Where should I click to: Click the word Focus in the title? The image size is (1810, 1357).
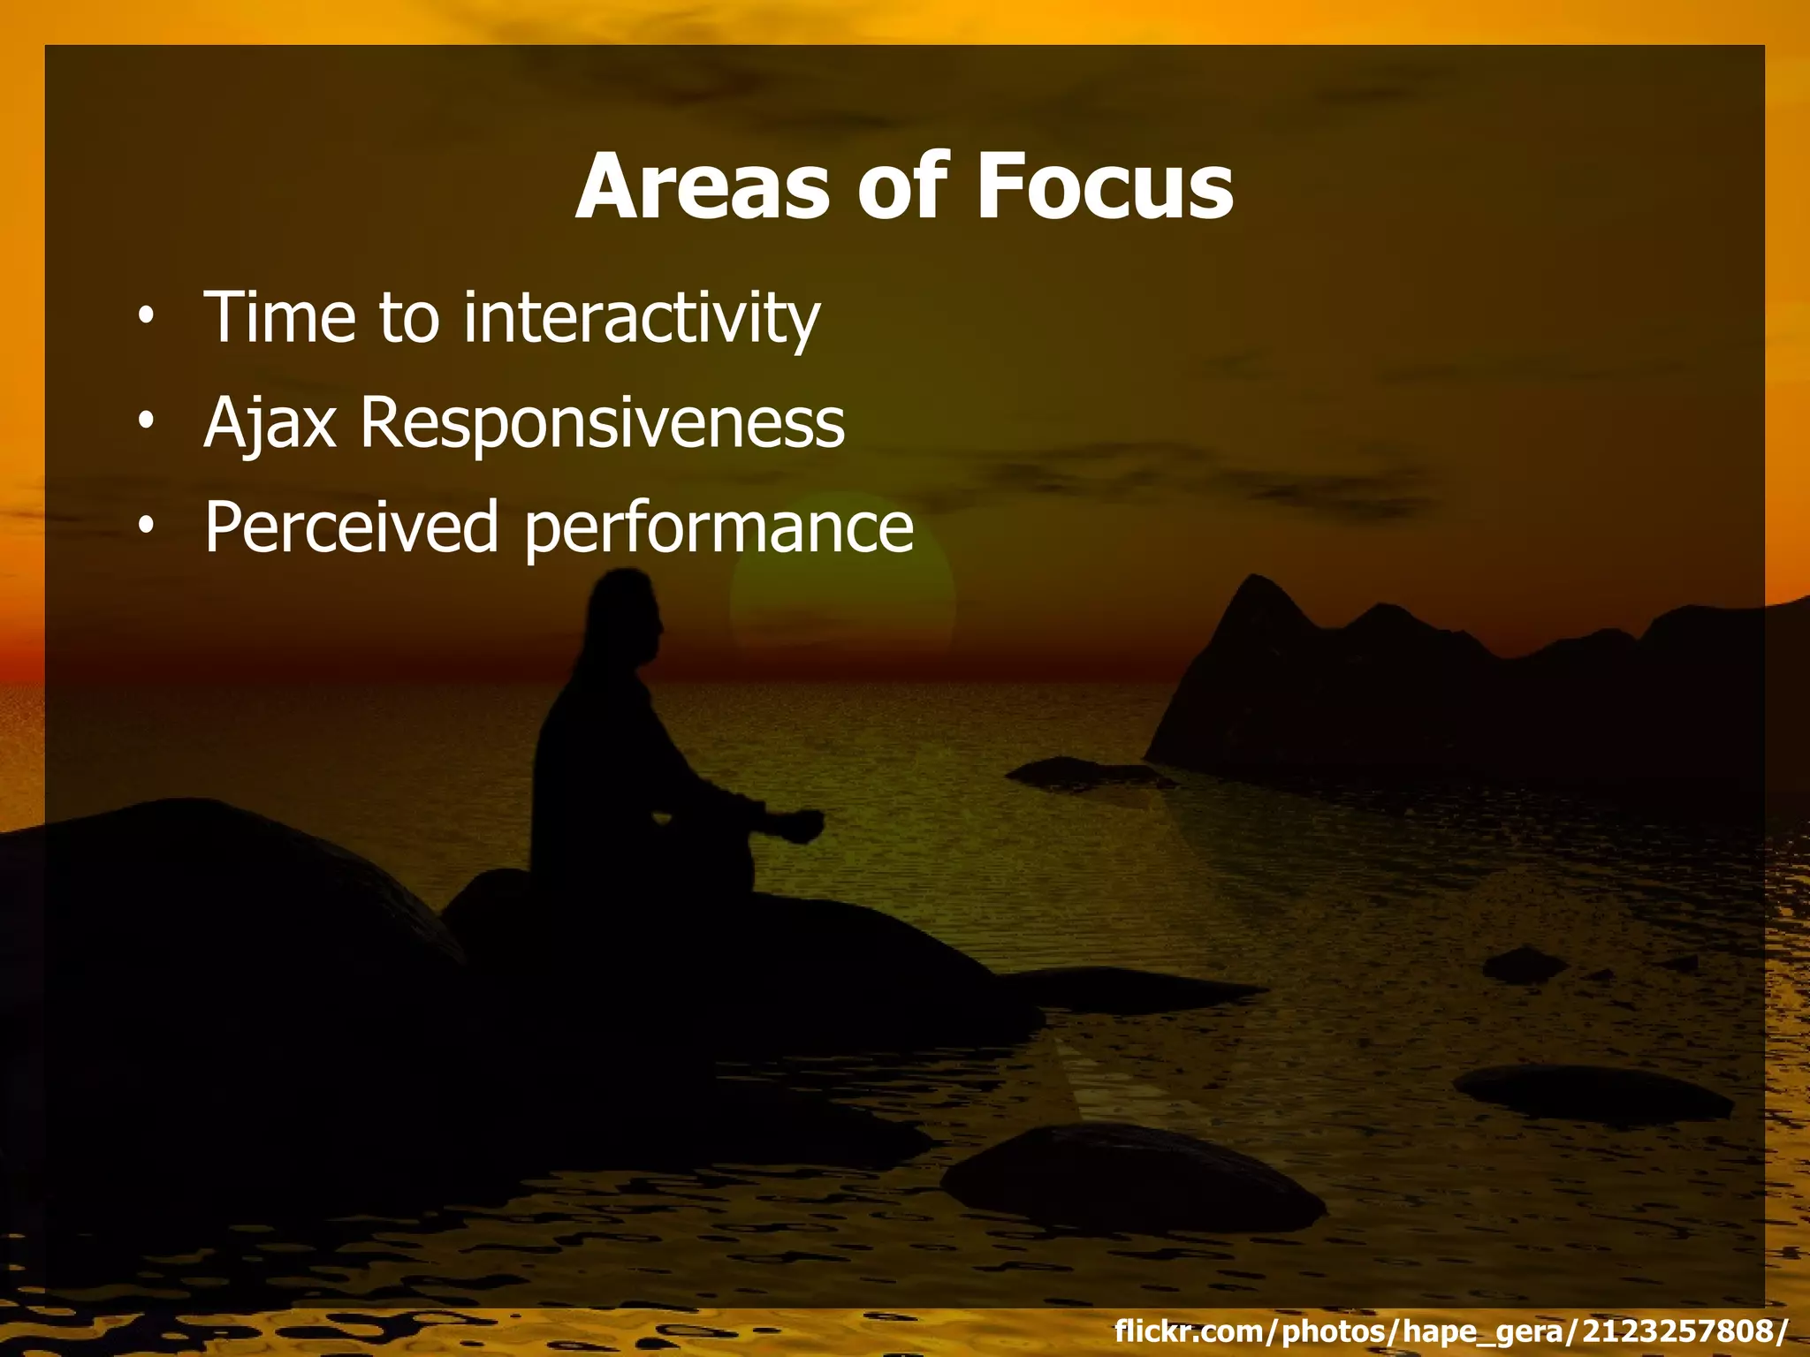(x=1104, y=188)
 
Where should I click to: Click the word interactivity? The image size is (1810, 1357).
(x=642, y=318)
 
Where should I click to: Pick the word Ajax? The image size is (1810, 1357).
(x=270, y=422)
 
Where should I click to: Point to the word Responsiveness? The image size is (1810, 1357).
(x=602, y=422)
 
